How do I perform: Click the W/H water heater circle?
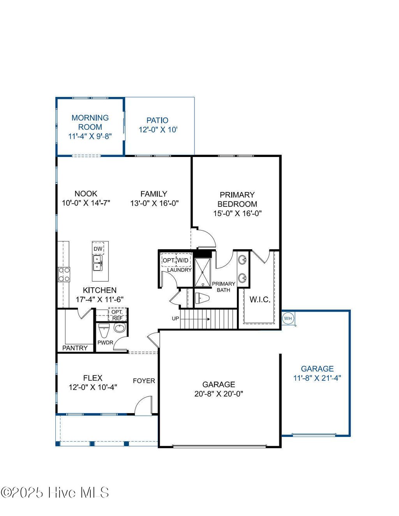[x=288, y=319]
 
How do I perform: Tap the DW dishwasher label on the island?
[x=98, y=249]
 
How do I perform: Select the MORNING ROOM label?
[x=90, y=122]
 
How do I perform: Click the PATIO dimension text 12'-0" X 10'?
[x=158, y=130]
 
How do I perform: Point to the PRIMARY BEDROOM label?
[x=237, y=199]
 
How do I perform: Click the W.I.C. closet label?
[x=260, y=299]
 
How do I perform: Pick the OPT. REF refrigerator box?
[x=117, y=315]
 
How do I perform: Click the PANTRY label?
[x=75, y=348]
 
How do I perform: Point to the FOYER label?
[x=144, y=380]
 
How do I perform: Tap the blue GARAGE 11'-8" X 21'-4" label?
[x=317, y=373]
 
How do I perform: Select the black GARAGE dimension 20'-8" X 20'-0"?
[x=219, y=394]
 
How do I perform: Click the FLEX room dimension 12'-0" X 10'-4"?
[x=93, y=387]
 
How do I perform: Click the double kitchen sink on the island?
[x=97, y=263]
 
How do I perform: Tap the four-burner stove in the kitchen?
[x=64, y=274]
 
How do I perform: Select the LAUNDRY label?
[x=179, y=270]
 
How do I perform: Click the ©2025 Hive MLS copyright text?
[x=55, y=493]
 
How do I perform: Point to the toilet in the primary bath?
[x=202, y=299]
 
